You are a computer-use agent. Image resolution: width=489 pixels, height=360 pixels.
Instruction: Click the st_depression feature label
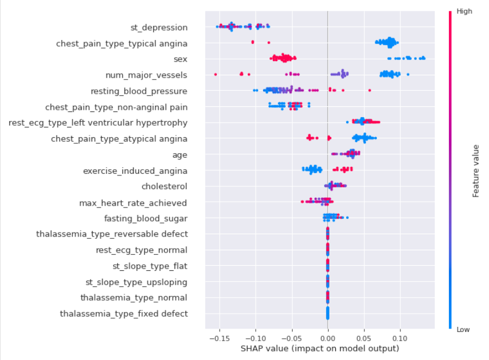click(x=159, y=27)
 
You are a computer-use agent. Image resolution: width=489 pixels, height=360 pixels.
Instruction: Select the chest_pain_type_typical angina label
click(x=121, y=43)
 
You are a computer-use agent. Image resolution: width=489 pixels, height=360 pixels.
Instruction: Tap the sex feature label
click(x=180, y=59)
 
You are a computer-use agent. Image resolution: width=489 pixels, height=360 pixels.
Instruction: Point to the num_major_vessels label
click(x=146, y=75)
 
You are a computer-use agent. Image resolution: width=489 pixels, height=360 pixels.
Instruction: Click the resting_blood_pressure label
click(x=139, y=91)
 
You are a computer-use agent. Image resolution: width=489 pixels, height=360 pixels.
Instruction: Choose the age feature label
click(x=180, y=154)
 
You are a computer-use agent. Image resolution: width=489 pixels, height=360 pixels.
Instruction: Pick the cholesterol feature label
click(x=164, y=186)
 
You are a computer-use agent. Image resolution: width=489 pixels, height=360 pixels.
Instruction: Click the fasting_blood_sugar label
click(x=145, y=218)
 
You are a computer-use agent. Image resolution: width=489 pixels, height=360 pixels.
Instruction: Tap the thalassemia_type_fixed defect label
click(x=124, y=314)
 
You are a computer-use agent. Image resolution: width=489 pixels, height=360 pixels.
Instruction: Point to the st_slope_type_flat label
click(x=150, y=266)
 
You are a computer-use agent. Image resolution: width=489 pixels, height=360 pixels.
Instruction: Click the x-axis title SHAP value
click(x=319, y=348)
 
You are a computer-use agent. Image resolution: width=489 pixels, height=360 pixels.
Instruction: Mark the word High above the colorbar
click(x=464, y=11)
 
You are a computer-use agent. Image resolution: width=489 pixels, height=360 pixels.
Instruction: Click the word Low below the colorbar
click(x=464, y=330)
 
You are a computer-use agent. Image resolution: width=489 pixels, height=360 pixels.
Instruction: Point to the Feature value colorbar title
click(x=476, y=170)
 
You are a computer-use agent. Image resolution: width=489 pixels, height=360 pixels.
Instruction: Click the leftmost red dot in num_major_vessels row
click(x=215, y=74)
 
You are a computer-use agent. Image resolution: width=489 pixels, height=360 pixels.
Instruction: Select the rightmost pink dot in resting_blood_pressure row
click(x=369, y=90)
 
